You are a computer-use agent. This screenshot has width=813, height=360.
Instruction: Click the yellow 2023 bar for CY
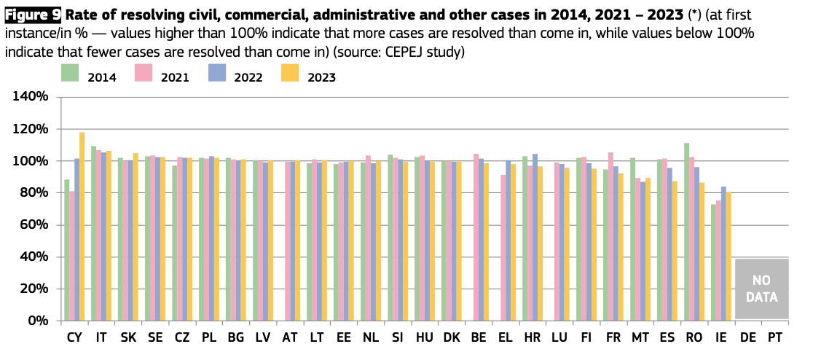(x=82, y=226)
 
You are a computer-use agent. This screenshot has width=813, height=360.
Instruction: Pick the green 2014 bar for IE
(x=713, y=262)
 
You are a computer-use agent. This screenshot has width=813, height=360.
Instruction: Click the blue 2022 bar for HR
(x=535, y=237)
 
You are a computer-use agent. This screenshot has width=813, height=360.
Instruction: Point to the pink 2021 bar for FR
(x=610, y=236)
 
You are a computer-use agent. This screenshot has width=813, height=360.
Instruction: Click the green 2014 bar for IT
(x=93, y=233)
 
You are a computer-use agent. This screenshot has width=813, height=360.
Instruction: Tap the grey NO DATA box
(x=761, y=289)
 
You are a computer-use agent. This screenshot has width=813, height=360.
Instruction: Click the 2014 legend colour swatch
(x=70, y=72)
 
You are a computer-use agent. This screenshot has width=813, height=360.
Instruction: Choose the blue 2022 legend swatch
(x=216, y=72)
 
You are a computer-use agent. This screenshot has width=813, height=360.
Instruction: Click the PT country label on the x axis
(x=775, y=339)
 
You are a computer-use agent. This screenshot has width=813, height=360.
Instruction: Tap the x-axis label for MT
(x=640, y=339)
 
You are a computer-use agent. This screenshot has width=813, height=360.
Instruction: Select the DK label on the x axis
(x=451, y=339)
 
